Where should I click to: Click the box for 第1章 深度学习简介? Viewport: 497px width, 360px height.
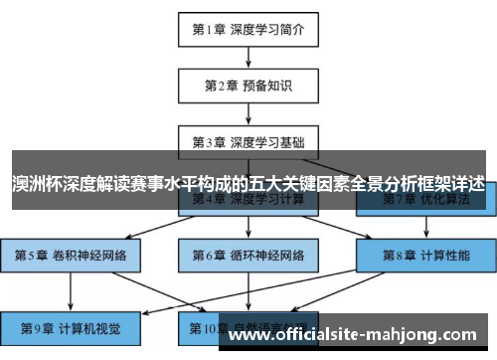tap(248, 30)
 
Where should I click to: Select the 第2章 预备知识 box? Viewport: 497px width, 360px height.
tap(248, 86)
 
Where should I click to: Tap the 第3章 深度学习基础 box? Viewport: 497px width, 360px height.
tap(248, 141)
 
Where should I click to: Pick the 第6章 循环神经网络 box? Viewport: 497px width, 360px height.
tap(248, 256)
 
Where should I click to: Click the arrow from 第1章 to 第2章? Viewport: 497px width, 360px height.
tap(248, 58)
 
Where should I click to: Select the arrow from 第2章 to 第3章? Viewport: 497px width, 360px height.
tap(248, 113)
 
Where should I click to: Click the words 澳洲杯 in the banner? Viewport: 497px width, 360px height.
tap(33, 185)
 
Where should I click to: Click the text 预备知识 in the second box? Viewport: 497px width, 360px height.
tap(265, 86)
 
